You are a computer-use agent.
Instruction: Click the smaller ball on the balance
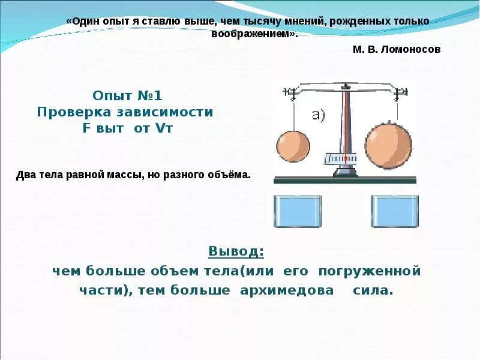click(x=293, y=146)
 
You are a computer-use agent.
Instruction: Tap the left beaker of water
click(x=298, y=211)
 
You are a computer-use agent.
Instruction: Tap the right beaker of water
click(x=394, y=211)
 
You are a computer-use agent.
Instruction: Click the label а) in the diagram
click(x=319, y=115)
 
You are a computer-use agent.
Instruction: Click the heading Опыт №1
click(x=127, y=95)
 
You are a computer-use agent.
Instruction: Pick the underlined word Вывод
click(x=236, y=251)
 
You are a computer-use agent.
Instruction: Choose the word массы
click(x=121, y=175)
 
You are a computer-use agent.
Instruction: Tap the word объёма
click(x=226, y=175)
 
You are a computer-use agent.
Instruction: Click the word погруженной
click(x=369, y=271)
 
